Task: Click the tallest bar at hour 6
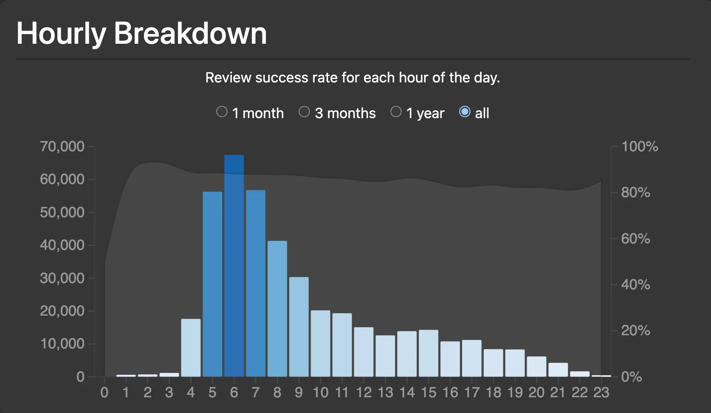[234, 266]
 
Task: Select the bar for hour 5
[212, 284]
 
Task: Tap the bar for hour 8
[277, 309]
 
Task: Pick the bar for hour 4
[191, 348]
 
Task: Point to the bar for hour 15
[429, 354]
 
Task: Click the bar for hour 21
[558, 370]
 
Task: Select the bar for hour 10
[321, 343]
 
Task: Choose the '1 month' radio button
[222, 112]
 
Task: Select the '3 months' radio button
[304, 112]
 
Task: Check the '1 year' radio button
[396, 112]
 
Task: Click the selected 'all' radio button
[465, 112]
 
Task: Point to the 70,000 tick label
[62, 147]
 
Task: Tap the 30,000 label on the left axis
[62, 278]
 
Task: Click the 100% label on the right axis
[640, 147]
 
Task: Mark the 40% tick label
[636, 285]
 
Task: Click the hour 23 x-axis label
[601, 393]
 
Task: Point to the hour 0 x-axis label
[104, 393]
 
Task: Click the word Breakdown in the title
[190, 33]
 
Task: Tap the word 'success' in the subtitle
[282, 78]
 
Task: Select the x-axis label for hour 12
[364, 393]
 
